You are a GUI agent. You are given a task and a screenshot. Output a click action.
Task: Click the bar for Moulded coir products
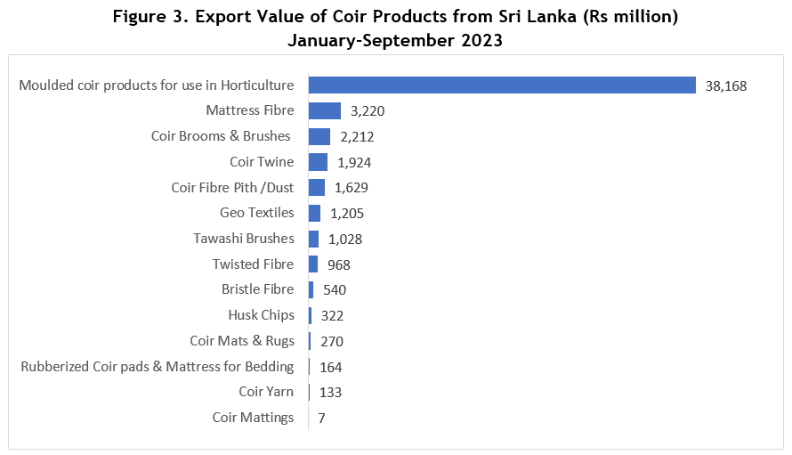pos(502,85)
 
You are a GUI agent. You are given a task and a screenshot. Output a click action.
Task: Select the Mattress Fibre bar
pos(325,110)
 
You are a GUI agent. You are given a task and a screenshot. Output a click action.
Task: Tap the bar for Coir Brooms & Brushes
pos(319,136)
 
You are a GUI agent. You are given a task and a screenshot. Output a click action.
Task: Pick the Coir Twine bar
pos(318,162)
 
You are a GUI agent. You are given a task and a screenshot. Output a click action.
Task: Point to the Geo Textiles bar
pos(314,213)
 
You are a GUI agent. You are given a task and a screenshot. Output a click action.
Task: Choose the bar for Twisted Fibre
pos(313,264)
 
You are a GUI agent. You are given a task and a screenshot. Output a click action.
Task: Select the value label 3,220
pos(368,111)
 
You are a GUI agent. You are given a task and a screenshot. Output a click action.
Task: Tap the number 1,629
pos(352,188)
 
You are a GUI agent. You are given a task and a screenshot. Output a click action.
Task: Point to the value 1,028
pos(345,239)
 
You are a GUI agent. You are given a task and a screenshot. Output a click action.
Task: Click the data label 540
pos(335,289)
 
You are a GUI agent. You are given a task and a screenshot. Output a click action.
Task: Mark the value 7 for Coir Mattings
pos(321,418)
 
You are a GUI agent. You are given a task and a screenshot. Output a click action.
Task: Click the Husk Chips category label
pos(261,315)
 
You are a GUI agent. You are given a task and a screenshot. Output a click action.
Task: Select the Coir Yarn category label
pos(266,392)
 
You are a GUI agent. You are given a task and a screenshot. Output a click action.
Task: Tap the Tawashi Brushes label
pos(244,239)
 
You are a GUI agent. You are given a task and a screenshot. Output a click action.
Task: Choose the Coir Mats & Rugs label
pos(242,341)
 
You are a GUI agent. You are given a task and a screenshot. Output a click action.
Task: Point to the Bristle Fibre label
pos(257,289)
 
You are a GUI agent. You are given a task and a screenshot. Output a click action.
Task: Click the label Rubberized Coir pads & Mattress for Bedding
pos(158,366)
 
